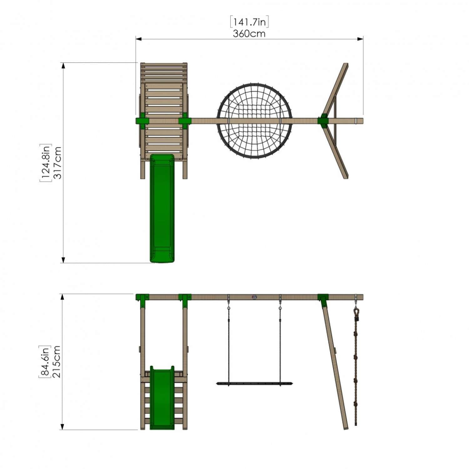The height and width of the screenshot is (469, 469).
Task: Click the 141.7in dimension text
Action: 249,22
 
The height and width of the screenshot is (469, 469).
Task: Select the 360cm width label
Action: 249,33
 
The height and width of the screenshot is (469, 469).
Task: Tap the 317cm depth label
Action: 58,163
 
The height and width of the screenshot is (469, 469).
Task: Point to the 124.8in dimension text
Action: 45,163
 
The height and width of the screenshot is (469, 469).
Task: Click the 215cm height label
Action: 57,362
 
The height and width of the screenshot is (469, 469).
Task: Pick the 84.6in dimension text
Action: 44,362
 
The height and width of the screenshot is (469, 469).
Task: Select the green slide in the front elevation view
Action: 162,397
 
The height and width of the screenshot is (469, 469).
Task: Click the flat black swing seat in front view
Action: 255,383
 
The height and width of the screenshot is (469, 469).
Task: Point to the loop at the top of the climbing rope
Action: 356,312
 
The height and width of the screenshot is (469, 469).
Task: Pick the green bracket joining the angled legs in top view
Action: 323,121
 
